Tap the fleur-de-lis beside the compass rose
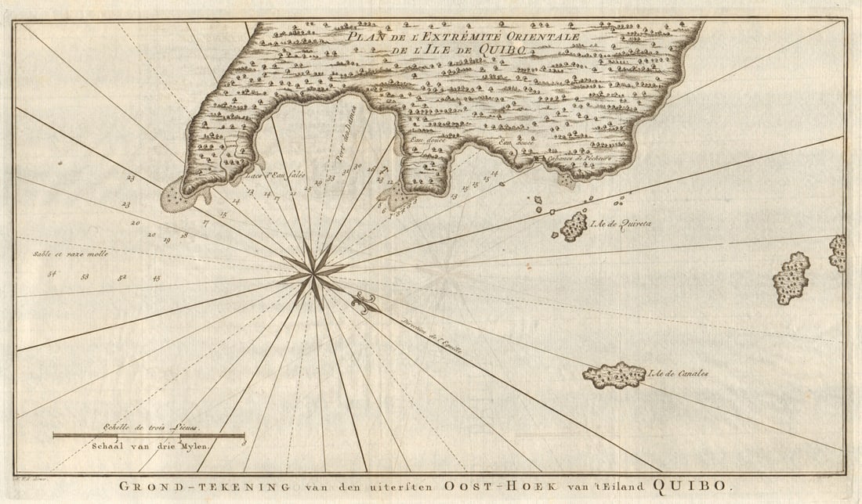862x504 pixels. click(x=364, y=302)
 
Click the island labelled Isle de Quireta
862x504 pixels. click(x=574, y=226)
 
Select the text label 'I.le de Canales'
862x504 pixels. click(x=679, y=373)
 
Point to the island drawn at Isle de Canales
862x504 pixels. click(x=614, y=376)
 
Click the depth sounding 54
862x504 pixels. click(x=53, y=273)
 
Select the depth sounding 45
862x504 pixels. click(x=156, y=278)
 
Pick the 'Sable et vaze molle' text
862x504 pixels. click(x=71, y=254)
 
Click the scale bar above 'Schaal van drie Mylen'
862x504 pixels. click(x=148, y=435)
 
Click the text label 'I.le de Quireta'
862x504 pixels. click(x=624, y=224)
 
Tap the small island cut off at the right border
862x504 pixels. click(x=838, y=253)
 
